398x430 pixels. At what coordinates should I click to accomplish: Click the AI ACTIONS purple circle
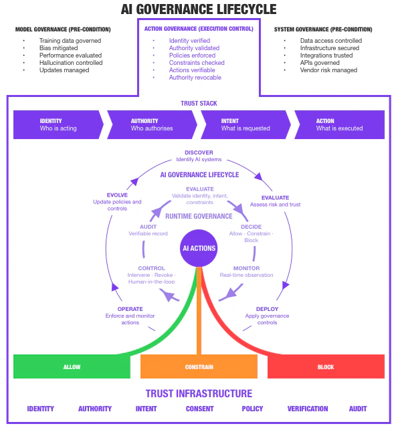[x=199, y=248]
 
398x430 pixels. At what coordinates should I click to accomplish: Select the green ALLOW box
[x=72, y=366]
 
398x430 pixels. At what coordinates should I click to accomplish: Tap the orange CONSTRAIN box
[x=199, y=366]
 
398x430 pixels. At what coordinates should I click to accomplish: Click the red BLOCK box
[x=326, y=366]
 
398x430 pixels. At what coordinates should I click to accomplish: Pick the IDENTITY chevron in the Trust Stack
[x=57, y=124]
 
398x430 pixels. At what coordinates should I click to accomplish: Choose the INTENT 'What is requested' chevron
[x=244, y=124]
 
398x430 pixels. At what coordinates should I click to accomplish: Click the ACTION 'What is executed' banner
[x=338, y=124]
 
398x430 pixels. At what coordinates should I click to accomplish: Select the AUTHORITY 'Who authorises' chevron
[x=151, y=124]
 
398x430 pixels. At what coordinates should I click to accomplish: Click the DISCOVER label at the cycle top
[x=199, y=152]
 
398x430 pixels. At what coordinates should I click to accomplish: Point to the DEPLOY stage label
[x=267, y=309]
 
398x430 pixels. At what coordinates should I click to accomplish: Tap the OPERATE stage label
[x=121, y=309]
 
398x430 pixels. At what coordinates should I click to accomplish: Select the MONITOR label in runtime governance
[x=246, y=268]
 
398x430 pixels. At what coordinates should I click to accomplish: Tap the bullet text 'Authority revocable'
[x=195, y=78]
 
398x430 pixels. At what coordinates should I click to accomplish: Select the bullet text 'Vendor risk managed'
[x=329, y=70]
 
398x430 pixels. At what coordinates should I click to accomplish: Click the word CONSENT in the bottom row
[x=199, y=409]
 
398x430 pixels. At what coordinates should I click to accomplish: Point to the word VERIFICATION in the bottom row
[x=308, y=409]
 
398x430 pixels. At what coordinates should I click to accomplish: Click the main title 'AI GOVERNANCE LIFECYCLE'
[x=199, y=9]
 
